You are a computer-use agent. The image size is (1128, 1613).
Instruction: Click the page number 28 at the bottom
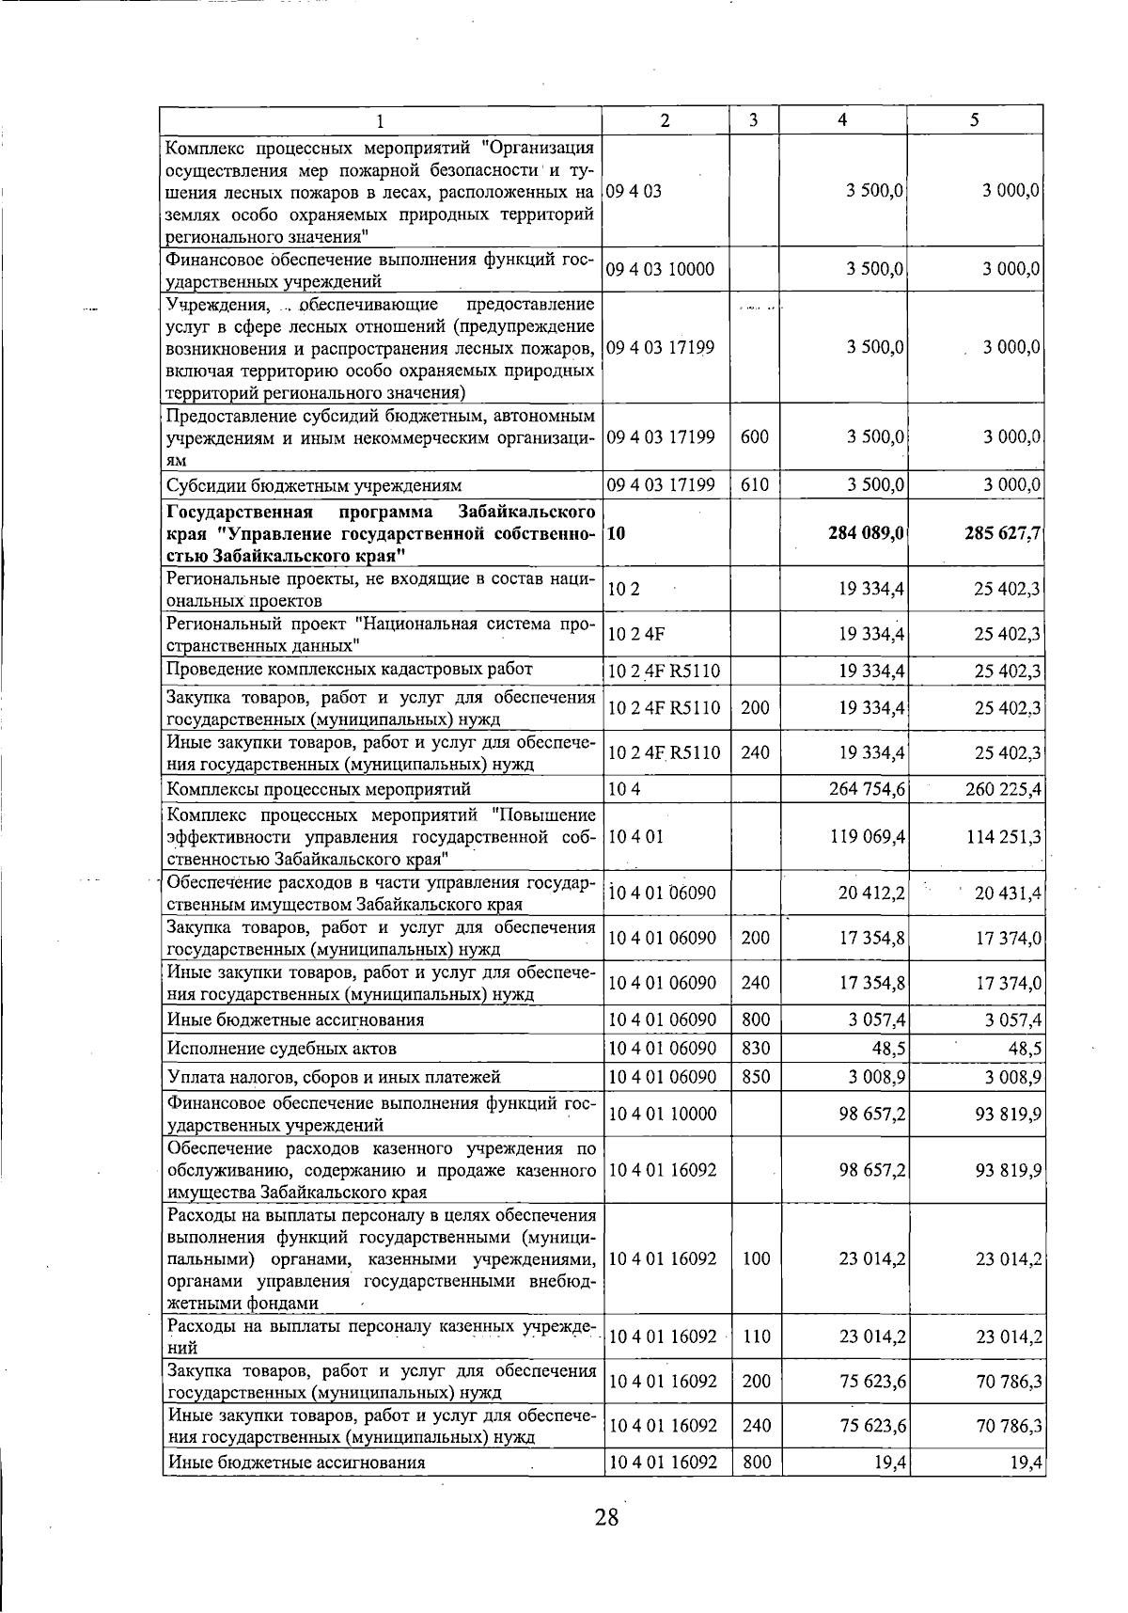coord(606,1517)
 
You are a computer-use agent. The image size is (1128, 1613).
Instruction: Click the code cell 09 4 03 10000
coord(661,270)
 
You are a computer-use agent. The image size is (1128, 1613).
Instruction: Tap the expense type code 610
coord(755,485)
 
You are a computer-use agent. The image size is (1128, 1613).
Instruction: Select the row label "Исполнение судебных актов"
coord(281,1048)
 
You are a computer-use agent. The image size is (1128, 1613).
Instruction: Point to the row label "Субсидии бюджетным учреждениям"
coord(314,485)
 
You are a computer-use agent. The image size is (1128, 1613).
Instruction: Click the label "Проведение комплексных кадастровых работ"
coord(349,670)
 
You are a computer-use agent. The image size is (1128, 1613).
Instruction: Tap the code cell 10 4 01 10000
coord(663,1114)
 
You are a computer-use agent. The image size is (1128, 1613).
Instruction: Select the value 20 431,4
coord(1008,893)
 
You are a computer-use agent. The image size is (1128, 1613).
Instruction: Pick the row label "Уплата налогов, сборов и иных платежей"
coord(334,1077)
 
